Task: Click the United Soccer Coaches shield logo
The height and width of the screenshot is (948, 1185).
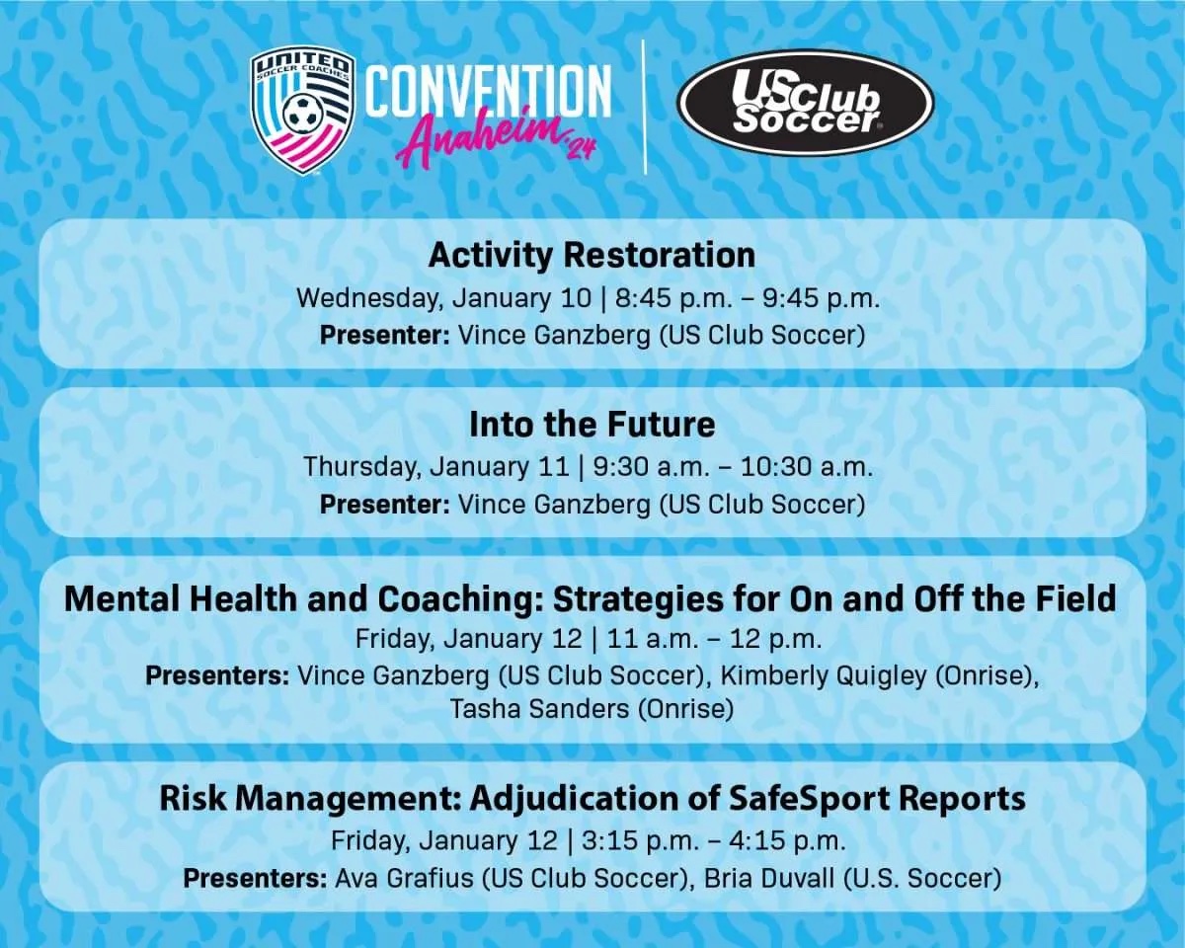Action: point(302,111)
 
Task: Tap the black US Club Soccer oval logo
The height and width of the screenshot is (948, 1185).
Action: point(805,103)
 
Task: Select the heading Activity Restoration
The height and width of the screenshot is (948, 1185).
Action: point(592,255)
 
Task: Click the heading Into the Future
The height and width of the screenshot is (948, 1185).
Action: point(592,425)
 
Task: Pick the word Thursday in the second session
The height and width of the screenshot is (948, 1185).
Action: point(361,467)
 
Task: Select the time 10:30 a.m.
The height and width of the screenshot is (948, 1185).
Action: point(807,467)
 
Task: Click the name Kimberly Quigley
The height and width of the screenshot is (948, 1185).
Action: point(824,675)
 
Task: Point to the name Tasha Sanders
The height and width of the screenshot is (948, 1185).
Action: point(539,708)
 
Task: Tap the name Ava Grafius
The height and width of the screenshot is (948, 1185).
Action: point(404,878)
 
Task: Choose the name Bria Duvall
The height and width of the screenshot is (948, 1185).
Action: point(769,878)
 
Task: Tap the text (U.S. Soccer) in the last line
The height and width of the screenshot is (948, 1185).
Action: point(922,878)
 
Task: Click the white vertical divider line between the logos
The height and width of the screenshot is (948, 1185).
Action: point(644,107)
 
